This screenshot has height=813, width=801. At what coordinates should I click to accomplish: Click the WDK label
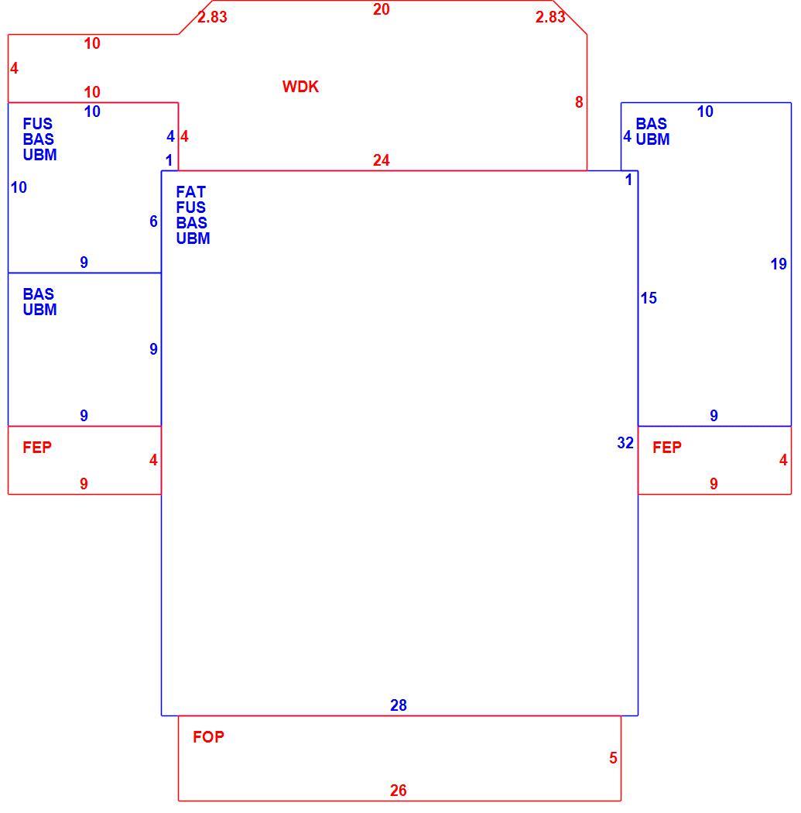coord(300,87)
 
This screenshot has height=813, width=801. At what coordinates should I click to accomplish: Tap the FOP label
coord(208,737)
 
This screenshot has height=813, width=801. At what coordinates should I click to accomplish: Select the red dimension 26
coord(398,791)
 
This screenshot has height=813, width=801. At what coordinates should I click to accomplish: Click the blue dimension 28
coord(398,705)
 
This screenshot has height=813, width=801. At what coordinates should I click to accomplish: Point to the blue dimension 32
coord(625,443)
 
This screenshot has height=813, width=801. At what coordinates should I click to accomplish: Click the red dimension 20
coord(382,9)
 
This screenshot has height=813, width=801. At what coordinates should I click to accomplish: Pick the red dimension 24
coord(382,160)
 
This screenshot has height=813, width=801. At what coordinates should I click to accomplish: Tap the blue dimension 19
coord(779,264)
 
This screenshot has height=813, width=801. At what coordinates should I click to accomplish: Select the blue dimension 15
coord(649,298)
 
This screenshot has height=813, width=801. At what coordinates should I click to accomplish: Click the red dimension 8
coord(579,102)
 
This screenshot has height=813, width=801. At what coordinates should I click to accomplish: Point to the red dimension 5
coord(613,758)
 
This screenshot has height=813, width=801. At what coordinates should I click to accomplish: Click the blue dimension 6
coord(153,221)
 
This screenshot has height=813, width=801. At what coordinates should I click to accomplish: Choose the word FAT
coord(190,192)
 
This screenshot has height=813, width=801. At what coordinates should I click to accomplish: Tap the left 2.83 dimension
coord(212,17)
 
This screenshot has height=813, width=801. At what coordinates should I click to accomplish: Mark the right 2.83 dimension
coord(550,17)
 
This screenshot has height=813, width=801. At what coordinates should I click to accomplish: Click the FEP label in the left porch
coord(37,447)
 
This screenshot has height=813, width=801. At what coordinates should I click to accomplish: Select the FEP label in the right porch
coord(667,447)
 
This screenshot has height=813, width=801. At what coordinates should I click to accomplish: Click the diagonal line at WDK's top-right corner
coord(570,18)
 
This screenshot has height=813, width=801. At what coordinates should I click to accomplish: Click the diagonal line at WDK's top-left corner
coord(195,18)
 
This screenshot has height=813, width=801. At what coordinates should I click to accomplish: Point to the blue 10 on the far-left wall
coord(19,187)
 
